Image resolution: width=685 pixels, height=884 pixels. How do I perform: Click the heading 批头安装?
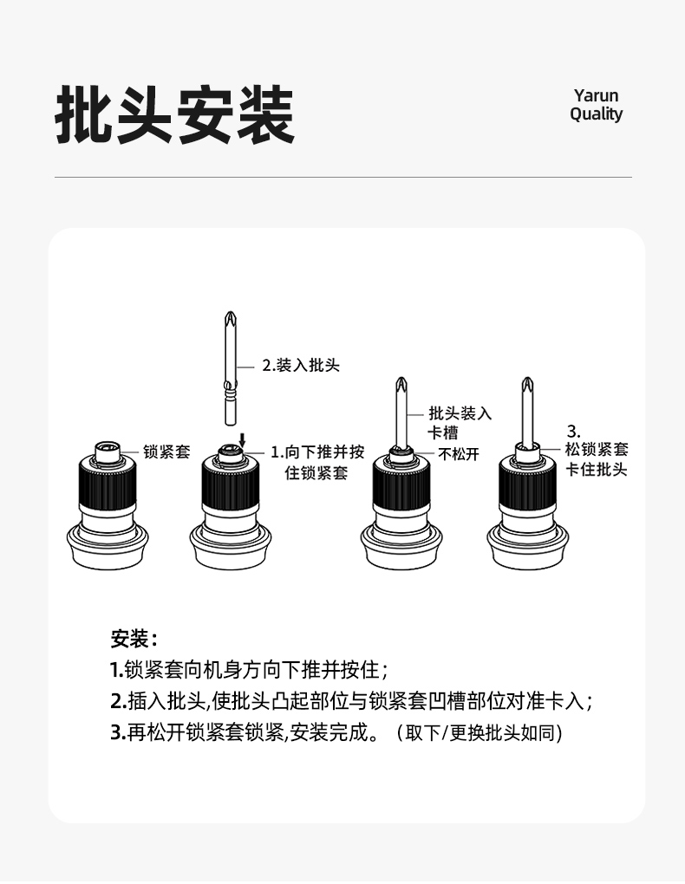(x=175, y=115)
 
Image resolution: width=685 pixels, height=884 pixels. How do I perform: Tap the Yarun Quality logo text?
(x=596, y=105)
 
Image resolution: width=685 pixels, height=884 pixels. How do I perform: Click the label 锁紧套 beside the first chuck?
(x=167, y=452)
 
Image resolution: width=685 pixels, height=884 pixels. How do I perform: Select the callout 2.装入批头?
(x=301, y=366)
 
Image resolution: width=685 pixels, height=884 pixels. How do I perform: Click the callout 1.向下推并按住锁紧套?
(x=317, y=462)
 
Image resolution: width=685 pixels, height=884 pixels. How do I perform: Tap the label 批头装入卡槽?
(x=460, y=423)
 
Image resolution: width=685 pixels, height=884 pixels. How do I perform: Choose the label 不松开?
(x=459, y=454)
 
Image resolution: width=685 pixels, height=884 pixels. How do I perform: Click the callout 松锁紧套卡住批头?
(x=597, y=459)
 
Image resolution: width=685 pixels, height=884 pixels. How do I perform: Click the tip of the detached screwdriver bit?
(x=230, y=312)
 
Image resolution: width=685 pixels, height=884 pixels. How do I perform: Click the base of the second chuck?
(x=231, y=546)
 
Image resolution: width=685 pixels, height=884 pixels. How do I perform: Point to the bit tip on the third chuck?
(x=401, y=379)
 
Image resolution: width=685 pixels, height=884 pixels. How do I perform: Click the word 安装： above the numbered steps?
(x=134, y=639)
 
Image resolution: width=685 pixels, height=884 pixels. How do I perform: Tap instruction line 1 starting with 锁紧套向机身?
(x=249, y=670)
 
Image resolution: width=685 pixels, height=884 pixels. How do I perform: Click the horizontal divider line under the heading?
(x=343, y=178)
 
